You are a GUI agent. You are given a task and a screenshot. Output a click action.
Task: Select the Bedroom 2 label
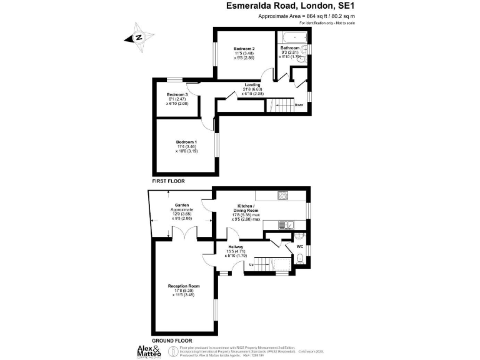pyautogui.click(x=244, y=49)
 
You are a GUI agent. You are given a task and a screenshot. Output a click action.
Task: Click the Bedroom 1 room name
pyautogui.click(x=186, y=141)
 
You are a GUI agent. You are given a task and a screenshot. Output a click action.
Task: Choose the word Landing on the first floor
pyautogui.click(x=252, y=84)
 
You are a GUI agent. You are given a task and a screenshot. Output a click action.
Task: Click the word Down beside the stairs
pyautogui.click(x=299, y=105)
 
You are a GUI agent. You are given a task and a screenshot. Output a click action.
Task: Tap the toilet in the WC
pyautogui.click(x=300, y=258)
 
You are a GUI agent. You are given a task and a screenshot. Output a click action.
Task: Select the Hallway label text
pyautogui.click(x=236, y=246)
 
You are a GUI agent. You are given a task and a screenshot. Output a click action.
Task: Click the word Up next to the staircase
pyautogui.click(x=251, y=265)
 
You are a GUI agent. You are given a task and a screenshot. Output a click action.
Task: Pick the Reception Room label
pyautogui.click(x=184, y=286)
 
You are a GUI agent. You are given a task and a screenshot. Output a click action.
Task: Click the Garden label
pyautogui.click(x=182, y=204)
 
